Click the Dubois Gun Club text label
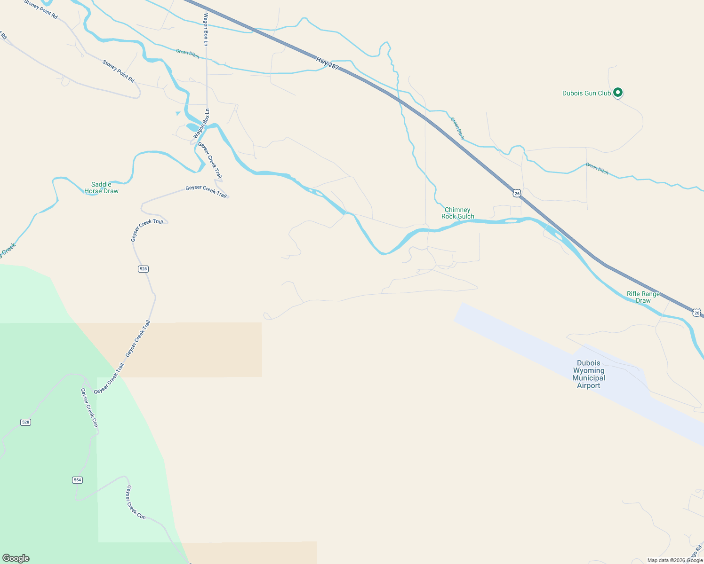586,94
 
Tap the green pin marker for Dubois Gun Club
618,93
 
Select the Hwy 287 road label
328,63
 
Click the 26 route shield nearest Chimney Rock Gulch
517,194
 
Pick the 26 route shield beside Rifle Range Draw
697,313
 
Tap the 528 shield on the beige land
143,269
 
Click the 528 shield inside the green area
26,422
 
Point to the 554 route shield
78,480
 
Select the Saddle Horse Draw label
101,188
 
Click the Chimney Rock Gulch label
457,213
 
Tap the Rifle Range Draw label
643,298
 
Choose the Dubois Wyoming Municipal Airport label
589,374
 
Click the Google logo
16,558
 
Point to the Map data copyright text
675,560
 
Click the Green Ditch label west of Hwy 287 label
187,53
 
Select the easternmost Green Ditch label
597,169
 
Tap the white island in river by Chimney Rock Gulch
511,220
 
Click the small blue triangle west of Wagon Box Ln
178,113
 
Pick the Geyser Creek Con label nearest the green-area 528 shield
88,407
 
